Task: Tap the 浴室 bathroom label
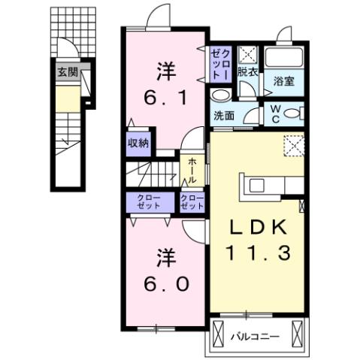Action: [283, 81]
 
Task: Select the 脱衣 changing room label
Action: [247, 72]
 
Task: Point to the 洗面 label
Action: [223, 116]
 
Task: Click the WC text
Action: [276, 114]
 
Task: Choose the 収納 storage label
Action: [138, 142]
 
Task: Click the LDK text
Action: [256, 226]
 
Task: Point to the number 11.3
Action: [256, 254]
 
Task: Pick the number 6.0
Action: [166, 284]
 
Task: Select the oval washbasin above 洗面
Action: [220, 96]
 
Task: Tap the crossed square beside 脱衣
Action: [247, 56]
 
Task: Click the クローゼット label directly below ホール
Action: [193, 201]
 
